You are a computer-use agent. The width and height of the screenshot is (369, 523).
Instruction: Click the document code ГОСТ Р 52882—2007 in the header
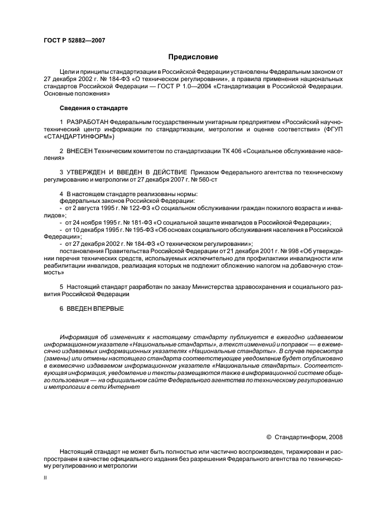(74, 40)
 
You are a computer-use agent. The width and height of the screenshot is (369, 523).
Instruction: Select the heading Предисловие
(193, 57)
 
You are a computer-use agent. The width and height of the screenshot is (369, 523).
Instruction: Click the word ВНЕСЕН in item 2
(80, 151)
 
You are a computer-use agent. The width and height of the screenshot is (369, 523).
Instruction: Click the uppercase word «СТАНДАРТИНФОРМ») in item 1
(78, 136)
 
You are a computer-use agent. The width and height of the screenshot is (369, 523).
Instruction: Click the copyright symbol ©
(269, 438)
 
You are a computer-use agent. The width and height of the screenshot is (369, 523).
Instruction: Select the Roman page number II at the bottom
(45, 478)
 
